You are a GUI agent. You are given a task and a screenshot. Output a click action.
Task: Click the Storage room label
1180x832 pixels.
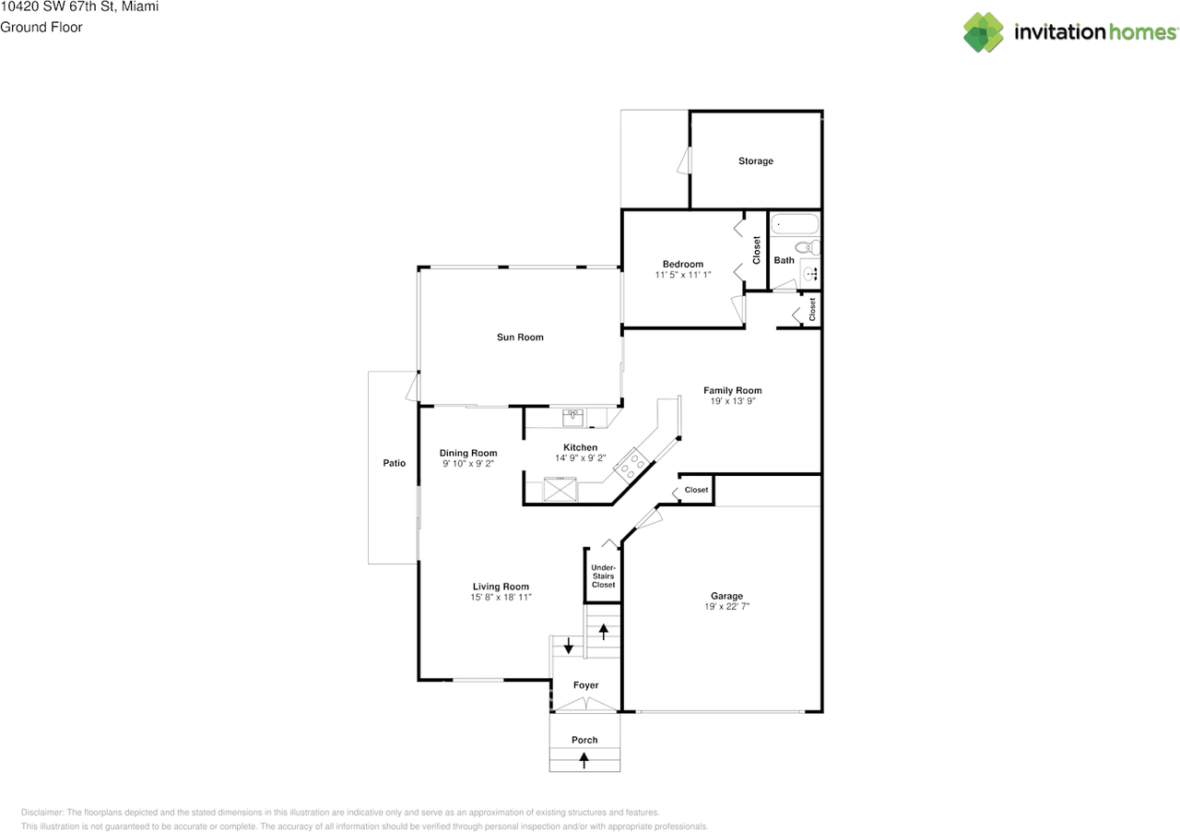pos(755,161)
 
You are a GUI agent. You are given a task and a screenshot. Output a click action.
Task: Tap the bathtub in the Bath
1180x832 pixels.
pos(794,224)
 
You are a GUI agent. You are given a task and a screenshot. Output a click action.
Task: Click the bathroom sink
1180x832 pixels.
pos(810,273)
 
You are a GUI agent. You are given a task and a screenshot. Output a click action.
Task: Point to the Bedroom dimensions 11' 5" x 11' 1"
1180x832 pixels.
pos(683,275)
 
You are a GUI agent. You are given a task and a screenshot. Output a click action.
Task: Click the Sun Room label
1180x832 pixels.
pos(520,338)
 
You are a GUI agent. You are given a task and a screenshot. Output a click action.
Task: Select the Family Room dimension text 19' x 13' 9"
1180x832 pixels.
pos(732,401)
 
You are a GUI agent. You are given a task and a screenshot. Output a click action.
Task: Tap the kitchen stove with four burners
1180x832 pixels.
pos(631,465)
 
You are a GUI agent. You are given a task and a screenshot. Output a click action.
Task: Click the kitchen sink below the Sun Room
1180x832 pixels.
pos(573,417)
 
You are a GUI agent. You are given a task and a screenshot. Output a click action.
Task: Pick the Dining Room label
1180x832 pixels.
pos(468,453)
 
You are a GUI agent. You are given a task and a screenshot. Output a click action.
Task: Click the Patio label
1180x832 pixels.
pos(395,463)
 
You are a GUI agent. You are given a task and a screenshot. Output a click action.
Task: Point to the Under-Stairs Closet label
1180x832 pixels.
pos(604,576)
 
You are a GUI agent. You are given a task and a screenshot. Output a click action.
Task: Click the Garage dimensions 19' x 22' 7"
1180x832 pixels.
pos(726,607)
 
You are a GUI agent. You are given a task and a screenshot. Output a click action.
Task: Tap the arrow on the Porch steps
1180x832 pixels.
pos(584,760)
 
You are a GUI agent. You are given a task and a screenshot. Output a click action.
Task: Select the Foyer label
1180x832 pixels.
pos(585,685)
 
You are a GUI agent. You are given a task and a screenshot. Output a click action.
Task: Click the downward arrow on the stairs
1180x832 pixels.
pos(569,646)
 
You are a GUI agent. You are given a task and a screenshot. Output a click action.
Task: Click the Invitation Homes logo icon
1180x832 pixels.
pos(984,32)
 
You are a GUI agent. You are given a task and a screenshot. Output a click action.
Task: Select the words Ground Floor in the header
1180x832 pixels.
pos(41,27)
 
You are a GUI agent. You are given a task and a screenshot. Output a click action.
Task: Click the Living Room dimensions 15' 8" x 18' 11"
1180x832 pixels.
pos(501,598)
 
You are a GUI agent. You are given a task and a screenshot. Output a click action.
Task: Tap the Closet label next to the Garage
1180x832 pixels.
pos(696,490)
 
